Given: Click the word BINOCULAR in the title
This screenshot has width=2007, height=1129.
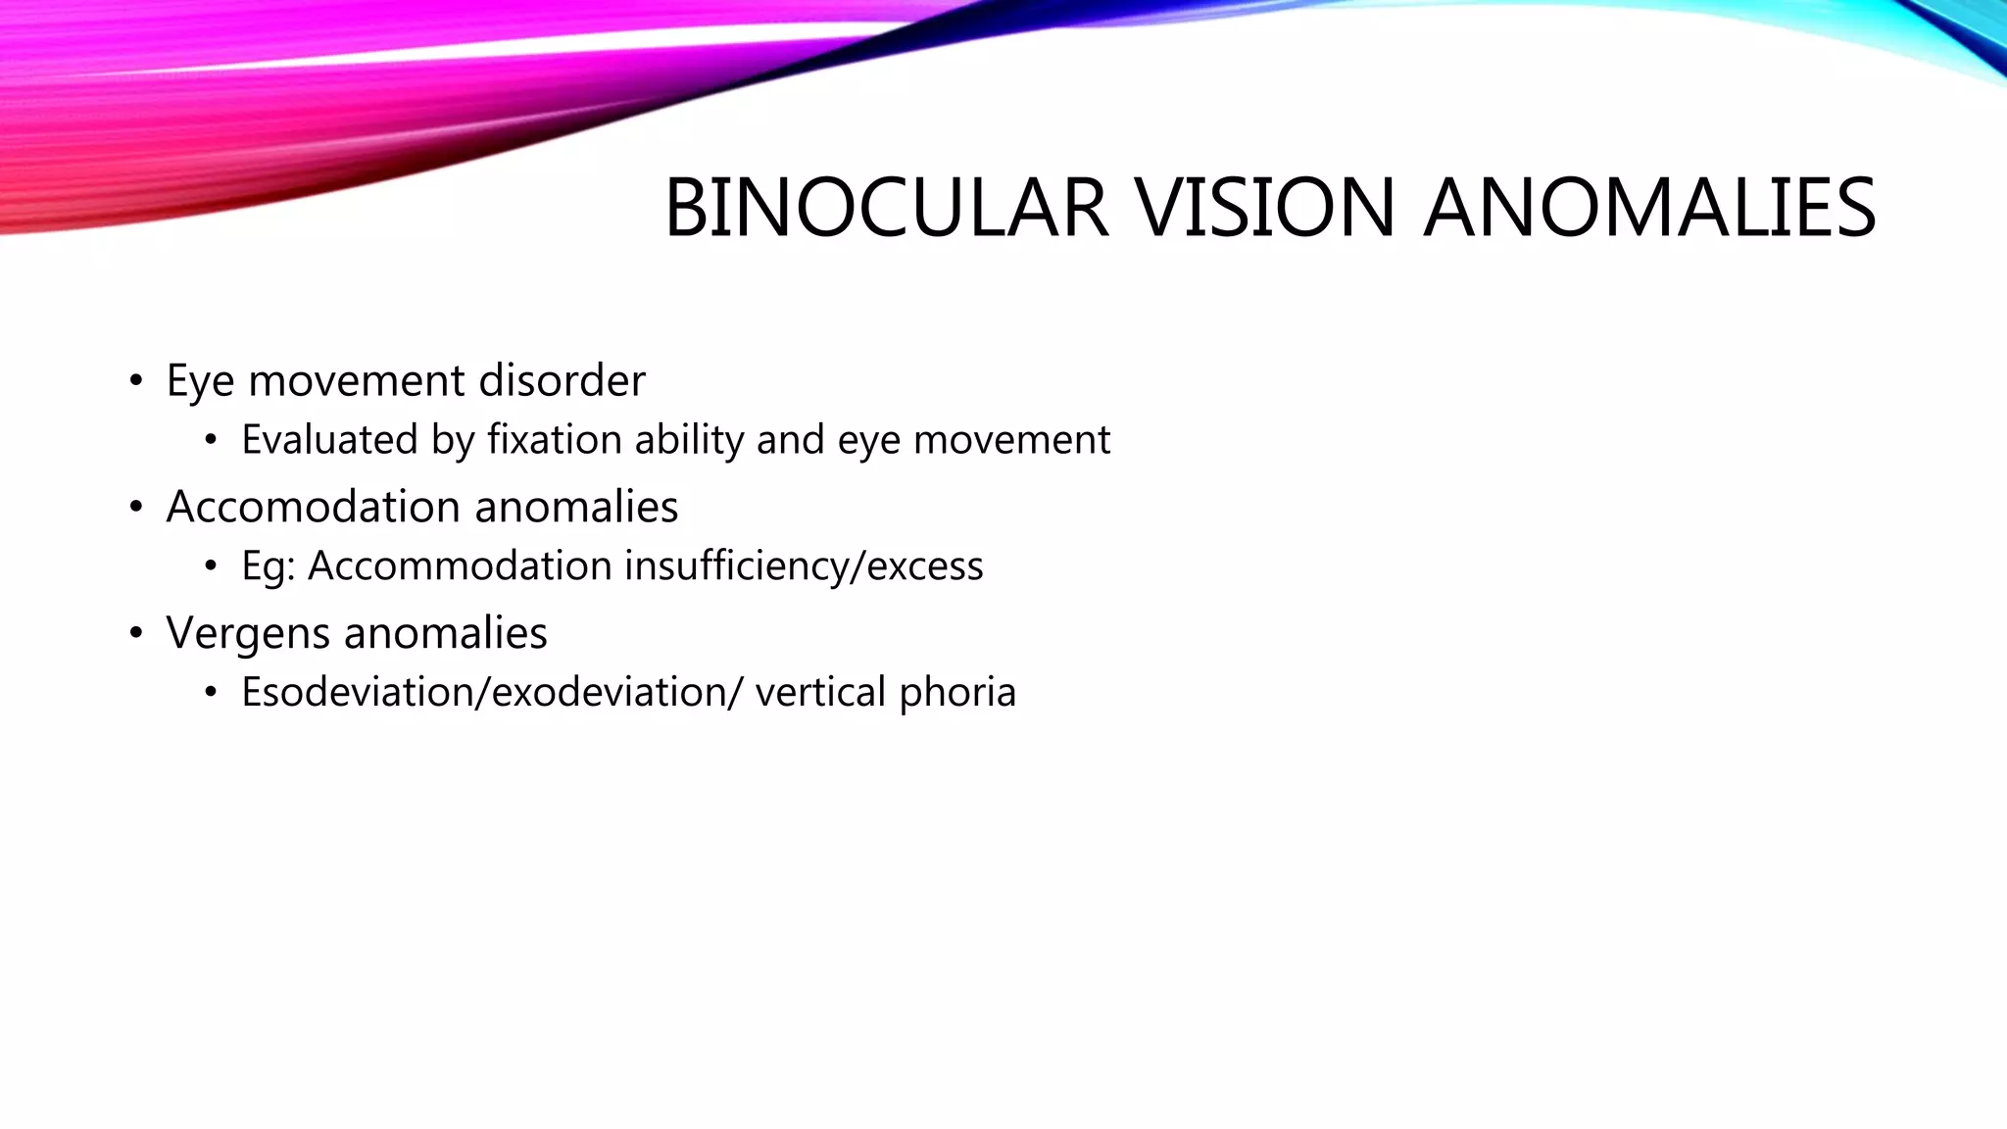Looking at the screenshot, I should [x=887, y=208].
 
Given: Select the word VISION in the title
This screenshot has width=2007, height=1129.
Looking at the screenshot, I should [x=1264, y=208].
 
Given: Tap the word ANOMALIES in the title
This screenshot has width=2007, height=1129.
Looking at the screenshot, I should [x=1648, y=208].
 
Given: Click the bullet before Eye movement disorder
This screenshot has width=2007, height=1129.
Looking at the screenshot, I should [x=136, y=380].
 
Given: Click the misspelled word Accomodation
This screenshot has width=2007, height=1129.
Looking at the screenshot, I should [x=313, y=507].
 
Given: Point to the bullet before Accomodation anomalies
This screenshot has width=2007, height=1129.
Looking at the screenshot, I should [x=136, y=507].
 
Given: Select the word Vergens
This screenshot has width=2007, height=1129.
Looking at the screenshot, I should [x=248, y=633].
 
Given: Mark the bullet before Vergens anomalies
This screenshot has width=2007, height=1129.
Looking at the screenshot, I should [x=136, y=633].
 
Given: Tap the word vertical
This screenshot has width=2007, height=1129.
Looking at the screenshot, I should [x=820, y=692].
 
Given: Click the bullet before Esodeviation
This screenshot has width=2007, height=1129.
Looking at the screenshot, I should [x=211, y=692].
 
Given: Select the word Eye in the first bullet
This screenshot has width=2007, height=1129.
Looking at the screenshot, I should [x=200, y=380].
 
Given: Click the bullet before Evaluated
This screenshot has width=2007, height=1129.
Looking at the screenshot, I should [x=211, y=440].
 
